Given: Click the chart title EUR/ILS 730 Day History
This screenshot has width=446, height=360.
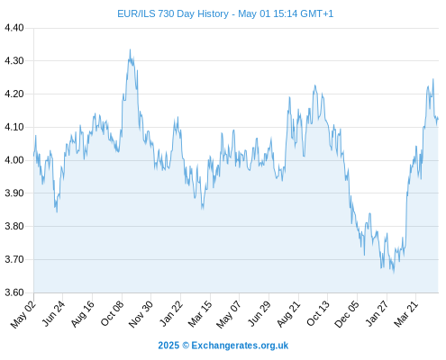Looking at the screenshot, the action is pos(173,13).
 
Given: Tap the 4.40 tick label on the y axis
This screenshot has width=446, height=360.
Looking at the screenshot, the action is pos(14,28).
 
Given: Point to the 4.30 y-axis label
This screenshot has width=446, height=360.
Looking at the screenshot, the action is pos(14,61).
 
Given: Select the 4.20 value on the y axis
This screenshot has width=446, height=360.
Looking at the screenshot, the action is pos(14,94).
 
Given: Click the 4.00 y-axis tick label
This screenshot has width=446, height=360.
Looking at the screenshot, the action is pos(14,160).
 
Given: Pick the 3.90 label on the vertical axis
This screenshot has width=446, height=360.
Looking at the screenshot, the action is pos(14,193).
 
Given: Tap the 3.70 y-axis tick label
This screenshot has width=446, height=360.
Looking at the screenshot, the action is pos(14,259).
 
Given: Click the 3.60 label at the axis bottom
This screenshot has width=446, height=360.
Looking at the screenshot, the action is pos(14,292).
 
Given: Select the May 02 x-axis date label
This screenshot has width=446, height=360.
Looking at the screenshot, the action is pos(23,314).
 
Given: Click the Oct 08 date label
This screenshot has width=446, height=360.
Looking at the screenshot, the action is pos(112,314).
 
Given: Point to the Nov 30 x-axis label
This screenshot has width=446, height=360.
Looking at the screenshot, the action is pos(141,314).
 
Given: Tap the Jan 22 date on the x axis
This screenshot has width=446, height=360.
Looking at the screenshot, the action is pos(171,314).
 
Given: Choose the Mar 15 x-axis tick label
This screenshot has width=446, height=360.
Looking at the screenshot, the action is pos(200,314).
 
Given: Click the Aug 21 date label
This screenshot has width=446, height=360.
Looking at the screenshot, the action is pos(288,314).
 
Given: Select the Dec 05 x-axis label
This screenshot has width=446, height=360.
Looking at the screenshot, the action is pos(347,314).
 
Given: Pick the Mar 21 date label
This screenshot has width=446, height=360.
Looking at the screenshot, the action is pos(406,314).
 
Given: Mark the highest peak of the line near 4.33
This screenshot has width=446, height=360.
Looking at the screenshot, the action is pos(130,49).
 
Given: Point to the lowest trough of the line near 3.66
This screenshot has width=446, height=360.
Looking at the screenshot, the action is pos(394,272).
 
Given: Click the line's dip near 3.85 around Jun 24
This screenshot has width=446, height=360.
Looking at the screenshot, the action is pos(57,211).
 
